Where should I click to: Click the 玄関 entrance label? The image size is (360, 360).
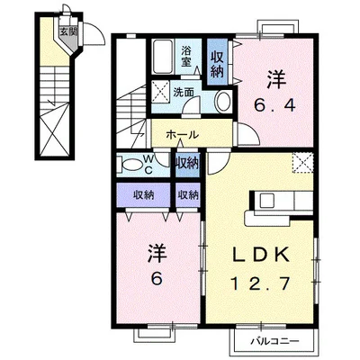click(67, 31)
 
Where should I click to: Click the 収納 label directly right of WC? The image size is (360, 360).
click(187, 163)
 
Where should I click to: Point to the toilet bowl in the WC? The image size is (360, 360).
click(127, 165)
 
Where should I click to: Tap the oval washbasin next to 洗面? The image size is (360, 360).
click(222, 101)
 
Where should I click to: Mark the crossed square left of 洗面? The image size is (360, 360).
click(162, 90)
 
